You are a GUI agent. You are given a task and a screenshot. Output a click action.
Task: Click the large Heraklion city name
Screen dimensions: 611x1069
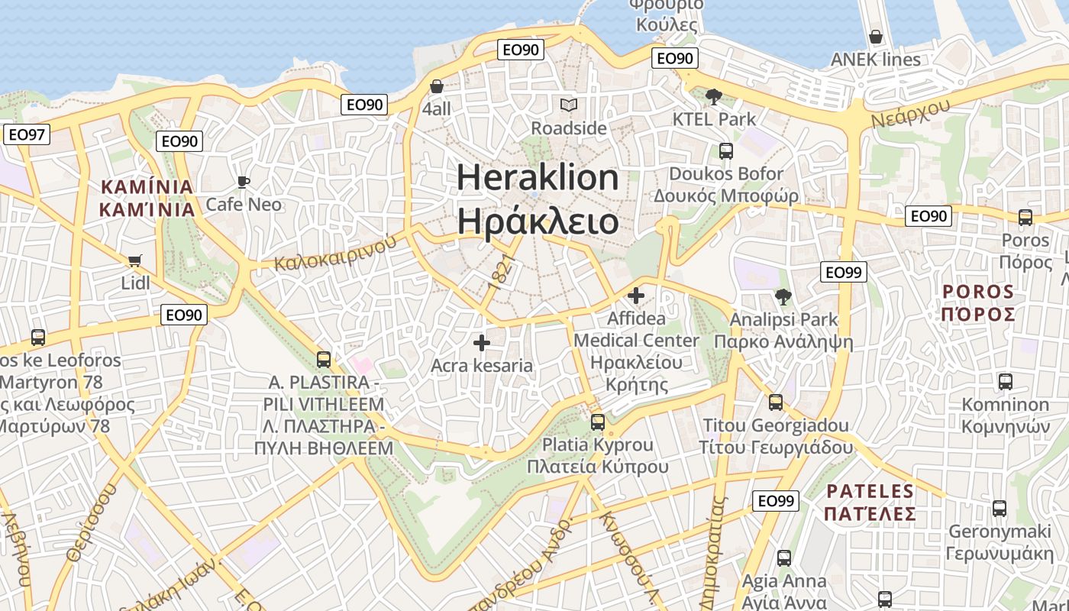point(538,199)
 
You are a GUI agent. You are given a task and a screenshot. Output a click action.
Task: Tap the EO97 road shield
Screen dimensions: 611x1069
point(26,135)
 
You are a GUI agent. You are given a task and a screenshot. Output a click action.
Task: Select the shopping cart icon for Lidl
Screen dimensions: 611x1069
point(135,261)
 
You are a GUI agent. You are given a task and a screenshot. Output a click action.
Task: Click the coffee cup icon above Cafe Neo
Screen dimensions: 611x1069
point(244,182)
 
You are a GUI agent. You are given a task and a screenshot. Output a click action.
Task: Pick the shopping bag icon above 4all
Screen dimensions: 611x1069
point(437,86)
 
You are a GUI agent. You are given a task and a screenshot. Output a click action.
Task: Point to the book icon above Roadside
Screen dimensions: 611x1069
point(569,105)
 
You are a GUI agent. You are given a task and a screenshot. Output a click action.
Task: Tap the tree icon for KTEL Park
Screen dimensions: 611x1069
point(714,96)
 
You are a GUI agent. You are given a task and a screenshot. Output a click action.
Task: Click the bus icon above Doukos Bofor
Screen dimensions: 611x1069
point(725,151)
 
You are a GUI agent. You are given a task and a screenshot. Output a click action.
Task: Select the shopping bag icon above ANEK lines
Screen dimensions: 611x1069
point(875,37)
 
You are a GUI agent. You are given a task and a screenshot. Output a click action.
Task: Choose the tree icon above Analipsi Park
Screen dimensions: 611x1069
point(783,296)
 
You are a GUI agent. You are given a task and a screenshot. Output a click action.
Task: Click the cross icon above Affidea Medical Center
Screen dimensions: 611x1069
point(635,295)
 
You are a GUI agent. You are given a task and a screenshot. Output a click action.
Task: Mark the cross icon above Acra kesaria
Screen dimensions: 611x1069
point(481,343)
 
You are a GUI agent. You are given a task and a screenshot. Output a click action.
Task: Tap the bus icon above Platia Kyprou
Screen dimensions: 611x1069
point(598,422)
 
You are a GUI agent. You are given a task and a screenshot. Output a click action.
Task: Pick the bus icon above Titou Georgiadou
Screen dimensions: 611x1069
point(776,402)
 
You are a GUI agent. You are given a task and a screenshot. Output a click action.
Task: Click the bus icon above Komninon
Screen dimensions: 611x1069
point(1005,381)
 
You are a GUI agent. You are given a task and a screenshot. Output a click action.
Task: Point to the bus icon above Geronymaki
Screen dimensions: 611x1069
point(999,508)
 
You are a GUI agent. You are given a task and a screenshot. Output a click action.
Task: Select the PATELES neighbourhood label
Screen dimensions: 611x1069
point(870,502)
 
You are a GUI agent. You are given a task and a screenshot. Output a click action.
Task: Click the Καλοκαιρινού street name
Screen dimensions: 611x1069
point(336,252)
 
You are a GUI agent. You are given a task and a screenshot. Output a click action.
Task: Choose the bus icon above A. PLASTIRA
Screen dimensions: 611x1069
point(324,359)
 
